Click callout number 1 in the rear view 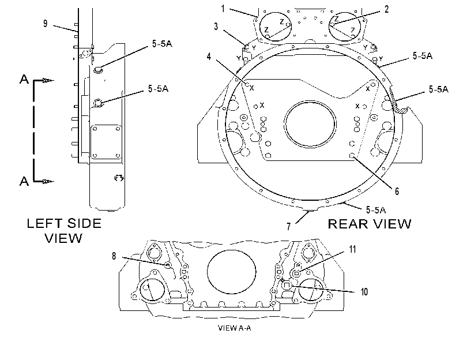point(223,9)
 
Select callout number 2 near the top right point(387,9)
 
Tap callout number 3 point(216,27)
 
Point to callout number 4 point(209,57)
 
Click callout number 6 point(397,191)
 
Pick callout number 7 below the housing point(288,227)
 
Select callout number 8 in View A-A point(114,256)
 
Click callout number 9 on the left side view point(46,24)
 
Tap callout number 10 point(364,292)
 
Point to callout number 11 point(353,249)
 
